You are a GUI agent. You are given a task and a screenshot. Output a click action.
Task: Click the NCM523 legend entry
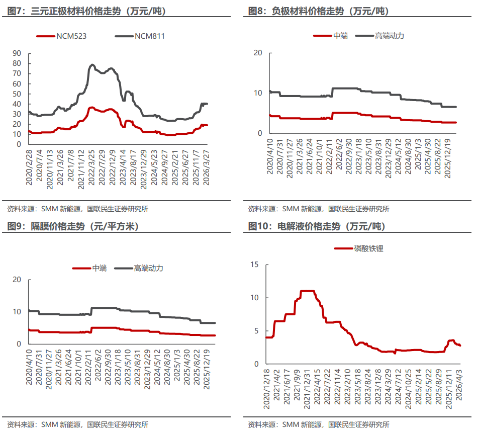[x=61, y=36]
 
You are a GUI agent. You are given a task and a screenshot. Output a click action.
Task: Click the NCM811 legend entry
[x=140, y=36]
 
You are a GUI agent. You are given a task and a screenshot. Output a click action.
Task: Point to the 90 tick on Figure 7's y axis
[x=17, y=53]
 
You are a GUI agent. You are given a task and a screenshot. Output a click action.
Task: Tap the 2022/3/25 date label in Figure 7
[x=91, y=167]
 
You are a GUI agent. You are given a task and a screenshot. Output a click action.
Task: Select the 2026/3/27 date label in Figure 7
[x=206, y=167]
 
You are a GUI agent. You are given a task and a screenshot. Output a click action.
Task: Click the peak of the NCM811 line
[x=92, y=64]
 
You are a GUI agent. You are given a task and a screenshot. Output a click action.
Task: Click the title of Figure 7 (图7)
[x=86, y=11]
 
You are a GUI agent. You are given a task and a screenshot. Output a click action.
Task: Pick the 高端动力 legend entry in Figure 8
[x=380, y=36]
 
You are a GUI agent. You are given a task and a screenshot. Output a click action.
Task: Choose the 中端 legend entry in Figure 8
[x=331, y=36]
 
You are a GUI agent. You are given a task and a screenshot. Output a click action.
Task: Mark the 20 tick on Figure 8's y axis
[x=258, y=53]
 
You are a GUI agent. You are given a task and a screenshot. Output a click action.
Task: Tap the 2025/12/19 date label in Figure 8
[x=447, y=158]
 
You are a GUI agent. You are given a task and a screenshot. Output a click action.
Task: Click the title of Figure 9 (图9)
[x=73, y=226]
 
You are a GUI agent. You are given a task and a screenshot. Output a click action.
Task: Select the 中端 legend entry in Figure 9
[x=90, y=268]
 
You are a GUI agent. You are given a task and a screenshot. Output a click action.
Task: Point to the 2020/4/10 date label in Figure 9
[x=29, y=367]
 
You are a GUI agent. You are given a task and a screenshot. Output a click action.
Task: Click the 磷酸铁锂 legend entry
[x=359, y=248]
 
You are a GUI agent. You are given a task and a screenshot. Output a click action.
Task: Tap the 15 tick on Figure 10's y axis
[x=254, y=264]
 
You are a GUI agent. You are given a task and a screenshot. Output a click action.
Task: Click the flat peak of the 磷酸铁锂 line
[x=307, y=291]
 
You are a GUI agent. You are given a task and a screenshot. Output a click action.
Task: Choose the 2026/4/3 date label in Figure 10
[x=459, y=385]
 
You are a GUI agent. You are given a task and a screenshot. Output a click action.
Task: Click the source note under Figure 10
[x=319, y=424]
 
